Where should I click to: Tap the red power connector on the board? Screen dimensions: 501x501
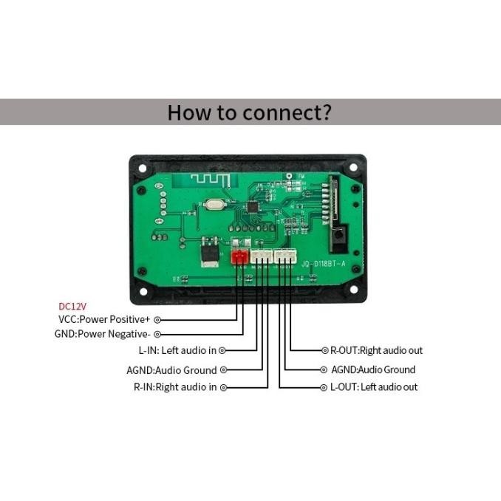pos(239,257)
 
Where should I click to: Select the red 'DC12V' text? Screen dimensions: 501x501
pos(72,306)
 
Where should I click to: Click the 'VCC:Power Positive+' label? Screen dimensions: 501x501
pos(104,320)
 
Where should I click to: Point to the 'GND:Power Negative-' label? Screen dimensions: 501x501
pos(103,334)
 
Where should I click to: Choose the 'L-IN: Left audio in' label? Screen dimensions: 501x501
pos(177,350)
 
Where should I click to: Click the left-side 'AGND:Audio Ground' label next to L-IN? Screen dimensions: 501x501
pos(171,369)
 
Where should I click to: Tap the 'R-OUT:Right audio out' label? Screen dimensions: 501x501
pos(376,350)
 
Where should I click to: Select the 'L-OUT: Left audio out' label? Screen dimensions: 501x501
pos(373,387)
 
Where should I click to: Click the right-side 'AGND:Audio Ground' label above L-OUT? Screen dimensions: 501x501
pos(373,369)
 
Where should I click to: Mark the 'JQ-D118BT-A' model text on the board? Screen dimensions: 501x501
pos(323,263)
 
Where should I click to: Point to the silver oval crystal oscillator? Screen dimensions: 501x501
pos(216,208)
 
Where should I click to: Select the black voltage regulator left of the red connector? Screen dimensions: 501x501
pos(211,253)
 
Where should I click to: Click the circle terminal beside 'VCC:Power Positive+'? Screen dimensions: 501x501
pos(157,320)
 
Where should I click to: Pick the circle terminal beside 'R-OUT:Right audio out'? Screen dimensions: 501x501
pos(324,350)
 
